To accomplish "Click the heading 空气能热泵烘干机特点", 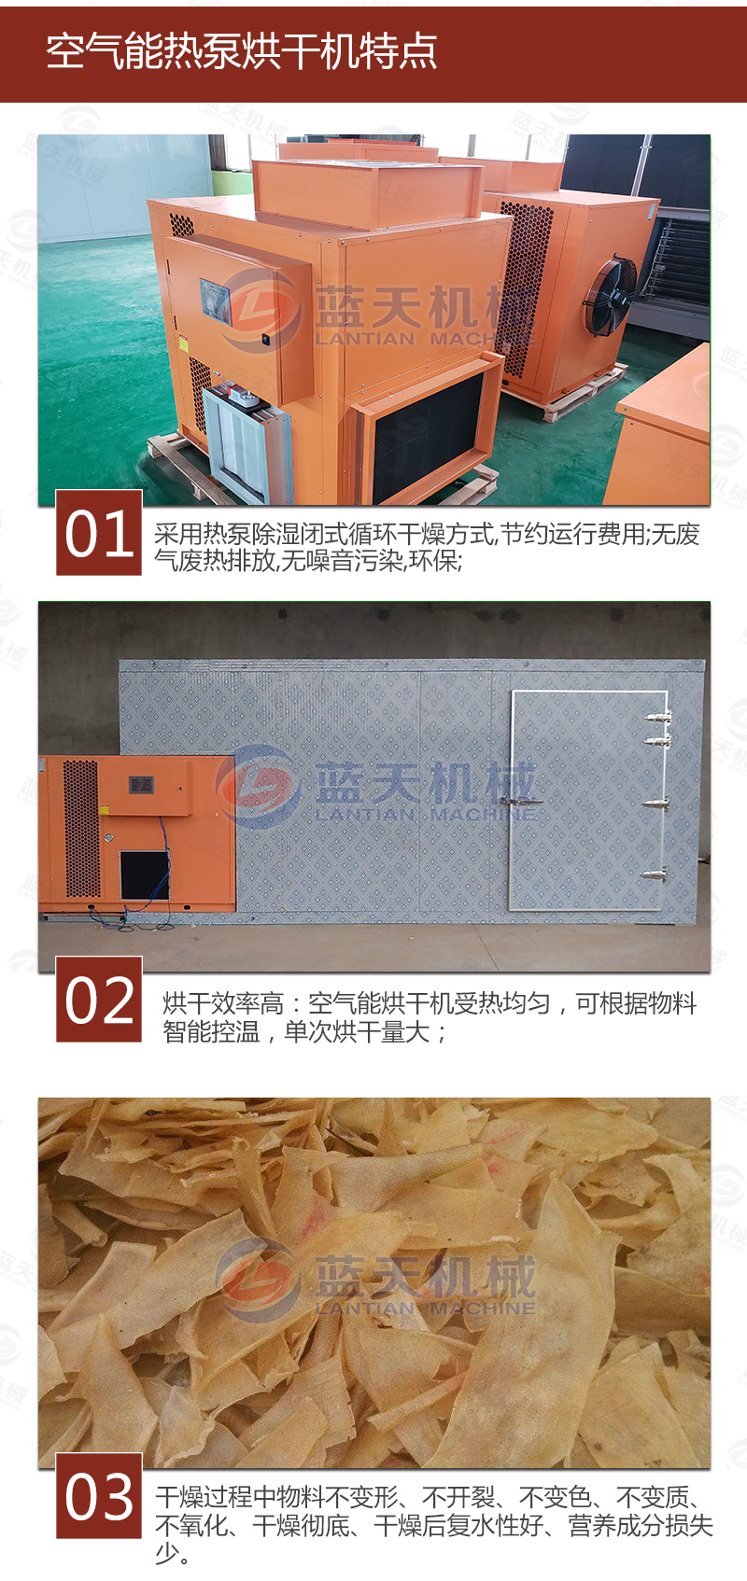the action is [x=242, y=51].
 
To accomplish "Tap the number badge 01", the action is [x=99, y=533].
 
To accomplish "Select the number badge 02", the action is [x=99, y=1000].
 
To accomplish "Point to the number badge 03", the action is [x=99, y=1496].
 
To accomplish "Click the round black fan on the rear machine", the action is [x=610, y=294].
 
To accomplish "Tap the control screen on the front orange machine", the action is [x=215, y=302].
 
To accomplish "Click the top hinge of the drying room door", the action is [x=655, y=717].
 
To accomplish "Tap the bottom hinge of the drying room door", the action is [x=655, y=875].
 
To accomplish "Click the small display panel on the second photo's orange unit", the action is [x=141, y=784].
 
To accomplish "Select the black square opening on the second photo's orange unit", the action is [x=145, y=874].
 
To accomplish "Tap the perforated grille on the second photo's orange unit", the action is [x=81, y=828].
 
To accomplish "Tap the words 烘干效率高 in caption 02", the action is [x=223, y=1003].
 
